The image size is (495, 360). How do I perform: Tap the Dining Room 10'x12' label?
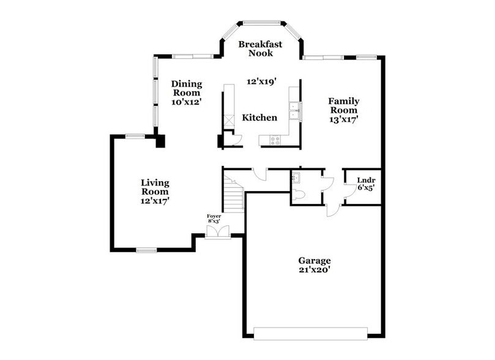186,93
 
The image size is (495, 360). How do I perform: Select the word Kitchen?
259,118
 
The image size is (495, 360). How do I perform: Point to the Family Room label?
343,110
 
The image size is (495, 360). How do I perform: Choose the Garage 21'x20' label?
314,264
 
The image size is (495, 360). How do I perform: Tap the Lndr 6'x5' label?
365,184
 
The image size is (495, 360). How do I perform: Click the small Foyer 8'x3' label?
214,219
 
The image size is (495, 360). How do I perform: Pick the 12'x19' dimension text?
262,81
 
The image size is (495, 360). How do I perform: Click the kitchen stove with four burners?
274,140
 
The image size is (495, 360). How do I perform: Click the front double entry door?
218,232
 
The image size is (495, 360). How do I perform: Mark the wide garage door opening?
310,334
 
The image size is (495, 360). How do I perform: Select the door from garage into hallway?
332,210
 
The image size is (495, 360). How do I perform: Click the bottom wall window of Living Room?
146,249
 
